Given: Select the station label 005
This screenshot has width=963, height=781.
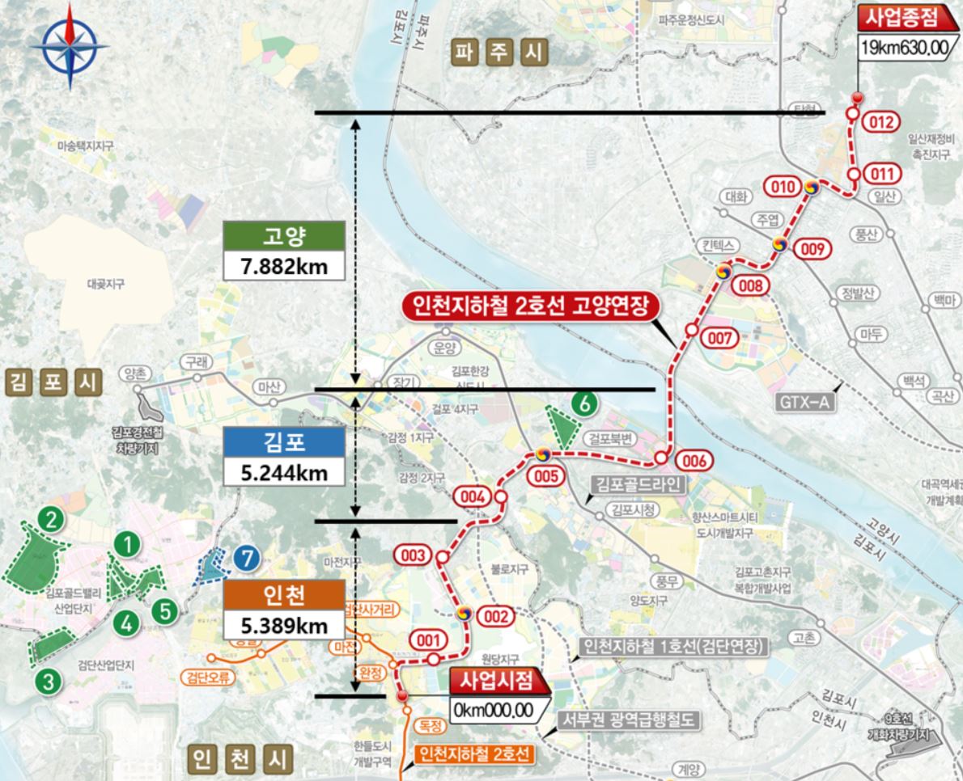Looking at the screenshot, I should pos(546,476).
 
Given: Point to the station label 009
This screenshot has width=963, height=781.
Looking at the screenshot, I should pos(812,250).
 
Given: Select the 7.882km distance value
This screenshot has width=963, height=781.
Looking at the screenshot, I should pos(283,266).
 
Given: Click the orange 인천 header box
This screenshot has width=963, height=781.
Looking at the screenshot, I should pos(283,597).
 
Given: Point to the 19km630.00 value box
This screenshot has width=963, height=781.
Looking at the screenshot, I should pos(904,48).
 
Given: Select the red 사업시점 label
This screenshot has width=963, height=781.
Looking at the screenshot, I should pos(494,682).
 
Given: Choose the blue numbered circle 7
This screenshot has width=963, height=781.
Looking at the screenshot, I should pos(246,558).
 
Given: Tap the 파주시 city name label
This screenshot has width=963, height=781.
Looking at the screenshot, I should pos(500,53).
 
